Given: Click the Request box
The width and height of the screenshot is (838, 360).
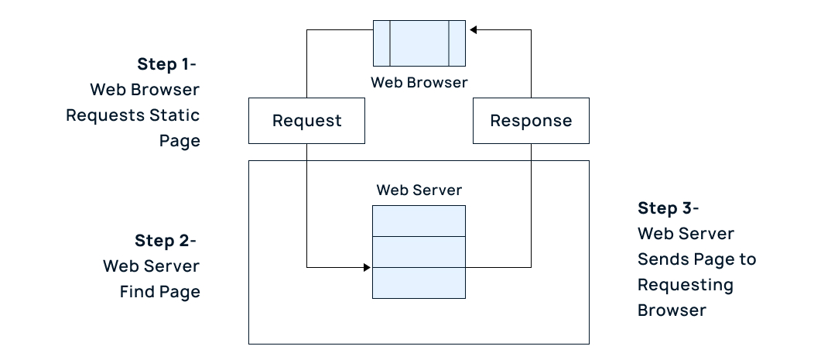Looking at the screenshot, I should [306, 121].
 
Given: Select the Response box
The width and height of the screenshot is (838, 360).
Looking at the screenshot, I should [531, 121].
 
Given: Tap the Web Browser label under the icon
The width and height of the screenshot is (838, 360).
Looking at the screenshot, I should [419, 81].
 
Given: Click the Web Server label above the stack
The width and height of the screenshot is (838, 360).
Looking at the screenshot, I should [419, 190].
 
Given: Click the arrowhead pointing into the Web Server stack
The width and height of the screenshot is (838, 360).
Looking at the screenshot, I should [368, 268].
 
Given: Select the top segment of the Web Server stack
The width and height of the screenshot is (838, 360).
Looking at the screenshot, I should [419, 221].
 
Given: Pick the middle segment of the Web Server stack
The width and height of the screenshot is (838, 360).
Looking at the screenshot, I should [419, 252].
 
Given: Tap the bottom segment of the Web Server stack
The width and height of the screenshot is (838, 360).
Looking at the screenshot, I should [419, 283].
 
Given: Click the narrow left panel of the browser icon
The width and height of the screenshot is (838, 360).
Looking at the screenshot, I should [381, 43].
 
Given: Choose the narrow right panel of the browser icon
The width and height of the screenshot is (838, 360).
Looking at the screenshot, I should [457, 43].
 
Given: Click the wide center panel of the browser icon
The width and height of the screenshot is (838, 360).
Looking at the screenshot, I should [419, 43].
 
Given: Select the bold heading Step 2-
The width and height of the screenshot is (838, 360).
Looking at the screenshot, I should [165, 241].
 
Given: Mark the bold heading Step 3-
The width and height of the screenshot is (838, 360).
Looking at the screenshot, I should [668, 208].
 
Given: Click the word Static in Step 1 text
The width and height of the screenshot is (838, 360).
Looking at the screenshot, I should [175, 115].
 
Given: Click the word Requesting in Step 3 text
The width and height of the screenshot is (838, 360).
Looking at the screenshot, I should [685, 285].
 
